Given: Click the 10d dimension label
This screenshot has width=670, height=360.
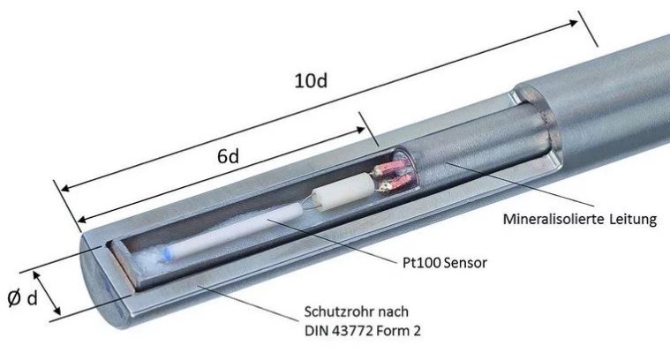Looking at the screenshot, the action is (x=311, y=80).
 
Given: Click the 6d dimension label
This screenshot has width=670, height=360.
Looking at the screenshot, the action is (x=228, y=157).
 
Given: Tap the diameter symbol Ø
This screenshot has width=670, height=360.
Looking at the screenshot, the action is (x=14, y=297).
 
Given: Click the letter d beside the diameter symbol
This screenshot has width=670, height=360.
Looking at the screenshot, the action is (x=33, y=298).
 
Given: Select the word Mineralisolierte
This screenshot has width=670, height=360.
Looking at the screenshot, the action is (x=553, y=219).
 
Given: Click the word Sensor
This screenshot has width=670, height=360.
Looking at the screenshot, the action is (x=465, y=263).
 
